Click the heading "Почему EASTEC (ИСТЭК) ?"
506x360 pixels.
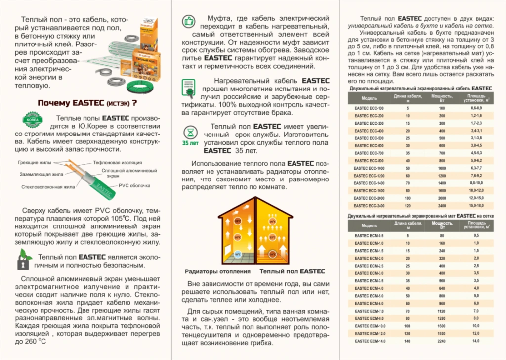click(x=87, y=103)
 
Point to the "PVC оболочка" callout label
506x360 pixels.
click(x=134, y=185)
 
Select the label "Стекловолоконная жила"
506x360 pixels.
click(x=48, y=187)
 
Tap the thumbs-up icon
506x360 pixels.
click(x=188, y=22)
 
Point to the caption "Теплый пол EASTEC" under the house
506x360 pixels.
click(x=292, y=271)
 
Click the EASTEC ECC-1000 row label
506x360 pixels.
click(x=369, y=168)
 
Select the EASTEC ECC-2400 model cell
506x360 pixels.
click(x=369, y=205)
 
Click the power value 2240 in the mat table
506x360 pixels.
click(x=442, y=341)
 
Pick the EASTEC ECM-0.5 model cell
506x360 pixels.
click(x=369, y=236)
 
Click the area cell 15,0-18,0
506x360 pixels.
click(x=476, y=205)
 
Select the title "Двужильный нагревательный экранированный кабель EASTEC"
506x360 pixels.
click(x=420, y=88)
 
